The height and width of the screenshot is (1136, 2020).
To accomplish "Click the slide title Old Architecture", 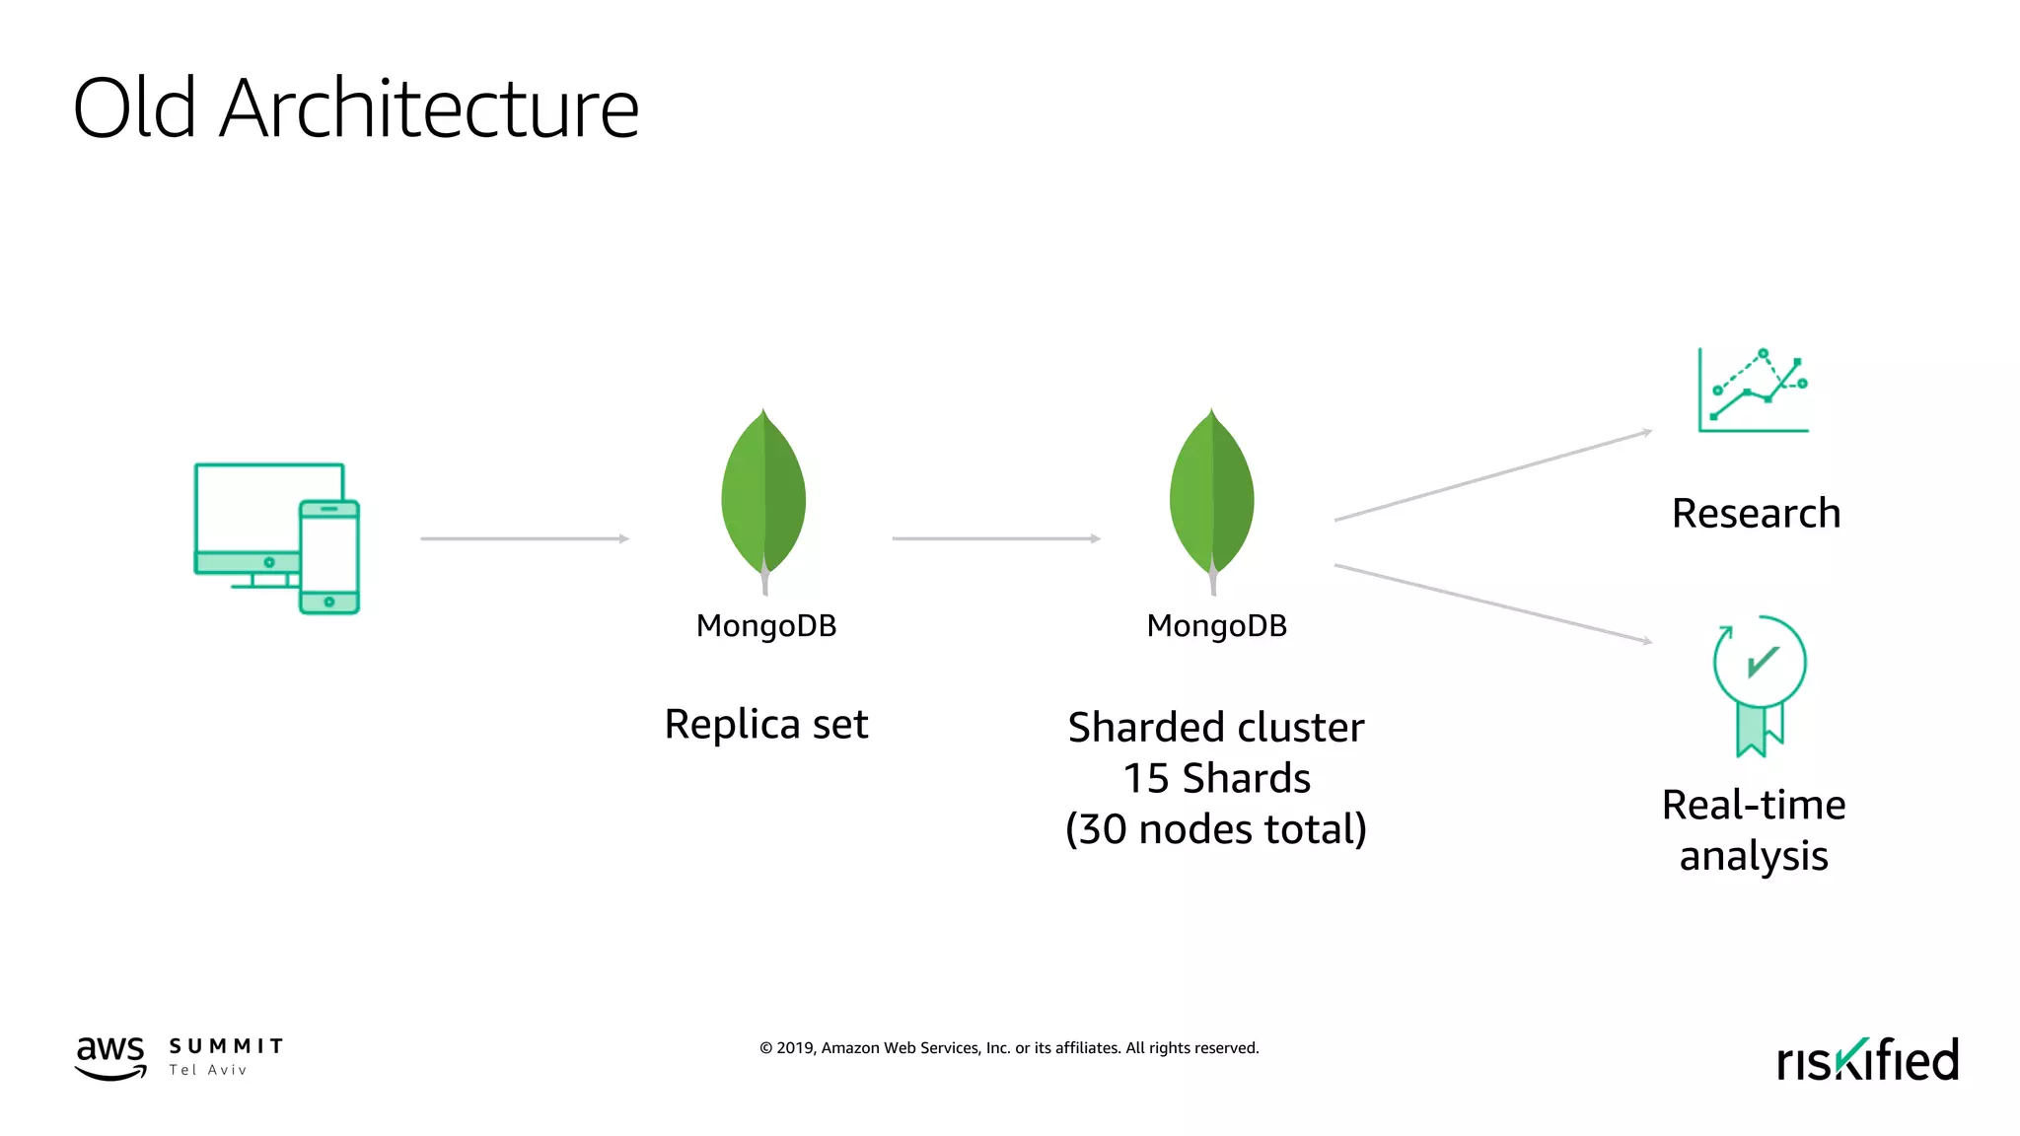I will tap(356, 107).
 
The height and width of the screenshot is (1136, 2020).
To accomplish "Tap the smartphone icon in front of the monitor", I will tap(329, 557).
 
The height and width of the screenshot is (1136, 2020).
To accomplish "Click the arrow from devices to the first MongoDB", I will tap(524, 538).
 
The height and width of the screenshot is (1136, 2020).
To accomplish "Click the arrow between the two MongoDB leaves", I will tap(995, 538).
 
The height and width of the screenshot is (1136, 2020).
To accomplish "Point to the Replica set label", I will tap(766, 724).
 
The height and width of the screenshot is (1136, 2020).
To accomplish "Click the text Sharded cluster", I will tap(1216, 728).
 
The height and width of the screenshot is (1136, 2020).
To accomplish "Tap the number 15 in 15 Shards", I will tap(1146, 779).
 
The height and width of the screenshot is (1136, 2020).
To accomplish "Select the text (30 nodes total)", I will tap(1216, 829).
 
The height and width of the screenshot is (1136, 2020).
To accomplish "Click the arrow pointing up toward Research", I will tap(1492, 475).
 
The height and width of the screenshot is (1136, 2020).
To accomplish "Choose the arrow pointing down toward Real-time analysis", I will tap(1492, 603).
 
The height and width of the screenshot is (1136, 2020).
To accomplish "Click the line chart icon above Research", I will tap(1754, 390).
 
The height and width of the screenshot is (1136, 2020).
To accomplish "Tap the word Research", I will tap(1756, 514).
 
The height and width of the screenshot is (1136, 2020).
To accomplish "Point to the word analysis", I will tap(1754, 856).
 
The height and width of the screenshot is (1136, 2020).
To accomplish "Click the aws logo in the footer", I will tap(110, 1056).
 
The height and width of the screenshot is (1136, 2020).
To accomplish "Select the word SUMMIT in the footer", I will tap(226, 1046).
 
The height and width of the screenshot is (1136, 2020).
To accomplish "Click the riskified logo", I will tap(1867, 1060).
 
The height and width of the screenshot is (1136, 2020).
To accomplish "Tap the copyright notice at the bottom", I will tap(1009, 1048).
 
